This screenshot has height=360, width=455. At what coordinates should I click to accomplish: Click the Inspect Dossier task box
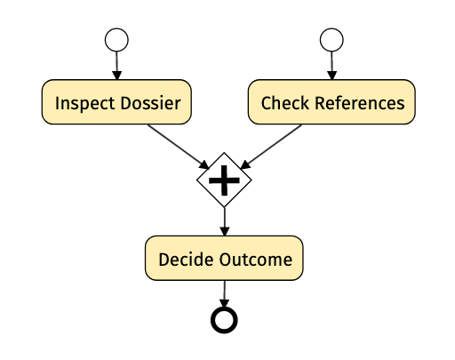[x=116, y=102]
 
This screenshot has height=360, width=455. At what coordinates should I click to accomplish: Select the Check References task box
[x=331, y=102]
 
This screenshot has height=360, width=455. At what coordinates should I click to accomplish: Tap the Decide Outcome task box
[x=224, y=258]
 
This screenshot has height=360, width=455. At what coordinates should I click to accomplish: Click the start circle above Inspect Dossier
[x=116, y=40]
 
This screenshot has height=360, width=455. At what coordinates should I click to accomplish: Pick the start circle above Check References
[x=331, y=40]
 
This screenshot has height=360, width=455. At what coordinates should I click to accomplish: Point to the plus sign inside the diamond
[x=224, y=180]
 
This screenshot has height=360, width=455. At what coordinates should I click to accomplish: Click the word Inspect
[x=85, y=104]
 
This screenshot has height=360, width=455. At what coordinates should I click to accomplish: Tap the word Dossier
[x=150, y=103]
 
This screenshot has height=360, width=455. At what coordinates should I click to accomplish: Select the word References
[x=360, y=103]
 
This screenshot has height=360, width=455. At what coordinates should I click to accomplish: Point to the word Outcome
[x=256, y=260]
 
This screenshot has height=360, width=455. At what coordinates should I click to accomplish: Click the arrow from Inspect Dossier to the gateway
[x=179, y=147]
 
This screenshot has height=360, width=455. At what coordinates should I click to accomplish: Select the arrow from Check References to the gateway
[x=271, y=147]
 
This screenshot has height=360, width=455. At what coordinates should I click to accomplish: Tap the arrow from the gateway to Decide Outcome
[x=225, y=221]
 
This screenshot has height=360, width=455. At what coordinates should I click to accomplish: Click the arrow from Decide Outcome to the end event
[x=224, y=293]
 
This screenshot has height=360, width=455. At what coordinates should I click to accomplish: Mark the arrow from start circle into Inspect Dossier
[x=117, y=66]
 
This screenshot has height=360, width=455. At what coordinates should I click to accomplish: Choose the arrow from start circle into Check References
[x=331, y=66]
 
